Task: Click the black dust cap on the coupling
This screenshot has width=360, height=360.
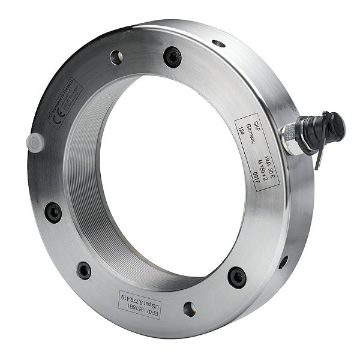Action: click(x=333, y=124)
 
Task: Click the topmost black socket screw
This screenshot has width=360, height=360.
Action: click(x=172, y=57)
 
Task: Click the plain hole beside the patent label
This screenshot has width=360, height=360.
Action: click(x=189, y=309)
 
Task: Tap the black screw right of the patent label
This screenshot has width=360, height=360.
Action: click(x=237, y=277)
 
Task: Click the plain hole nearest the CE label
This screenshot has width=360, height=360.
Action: click(x=116, y=58)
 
